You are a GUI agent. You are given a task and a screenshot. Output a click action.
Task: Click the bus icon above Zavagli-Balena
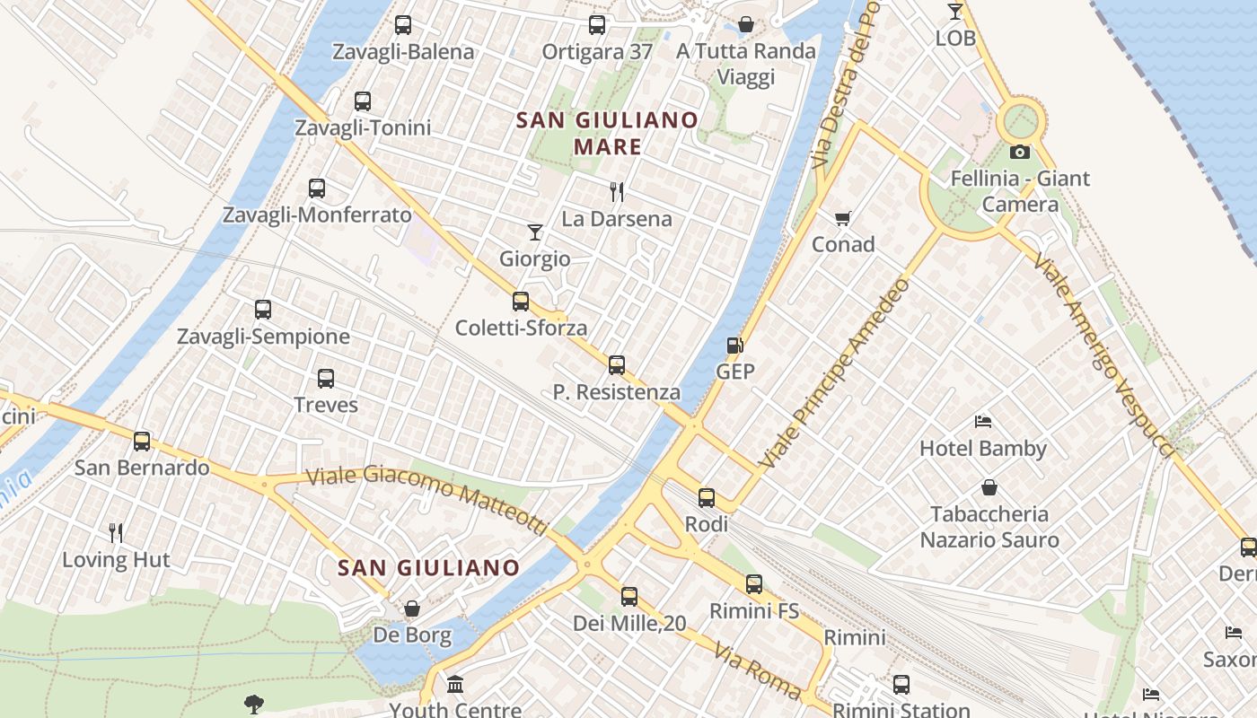(403, 25)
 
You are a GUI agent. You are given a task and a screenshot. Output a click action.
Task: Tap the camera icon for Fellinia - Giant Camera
(1019, 152)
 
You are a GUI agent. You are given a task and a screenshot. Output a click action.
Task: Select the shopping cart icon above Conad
(842, 218)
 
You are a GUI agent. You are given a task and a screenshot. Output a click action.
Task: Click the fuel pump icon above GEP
(734, 346)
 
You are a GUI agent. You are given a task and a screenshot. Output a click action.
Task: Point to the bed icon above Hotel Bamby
(983, 422)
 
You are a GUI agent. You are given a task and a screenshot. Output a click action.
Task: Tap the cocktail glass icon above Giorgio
(535, 232)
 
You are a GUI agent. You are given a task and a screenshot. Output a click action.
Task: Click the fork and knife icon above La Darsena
(617, 191)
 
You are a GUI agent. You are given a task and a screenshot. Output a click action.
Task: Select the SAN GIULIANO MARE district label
(607, 133)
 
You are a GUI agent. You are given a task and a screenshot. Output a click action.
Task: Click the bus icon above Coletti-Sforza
(521, 302)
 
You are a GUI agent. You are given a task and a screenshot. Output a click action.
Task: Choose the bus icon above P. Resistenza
(617, 365)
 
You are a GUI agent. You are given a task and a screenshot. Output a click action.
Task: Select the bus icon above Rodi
(707, 497)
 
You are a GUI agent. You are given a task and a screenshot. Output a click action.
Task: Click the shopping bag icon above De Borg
(412, 609)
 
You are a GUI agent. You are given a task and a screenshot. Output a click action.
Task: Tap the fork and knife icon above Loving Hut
(116, 533)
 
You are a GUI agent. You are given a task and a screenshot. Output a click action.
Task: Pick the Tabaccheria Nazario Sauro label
(989, 527)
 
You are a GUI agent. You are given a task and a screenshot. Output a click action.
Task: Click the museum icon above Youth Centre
(455, 685)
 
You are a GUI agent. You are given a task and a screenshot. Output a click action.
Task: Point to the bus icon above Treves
(326, 379)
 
